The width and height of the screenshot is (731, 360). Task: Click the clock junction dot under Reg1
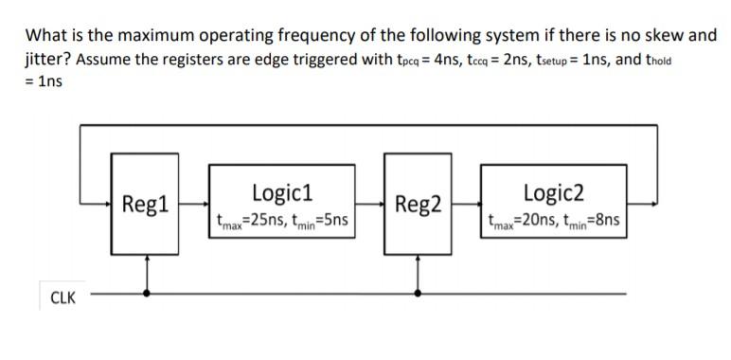coord(146,293)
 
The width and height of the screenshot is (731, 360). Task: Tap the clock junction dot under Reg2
coord(418,293)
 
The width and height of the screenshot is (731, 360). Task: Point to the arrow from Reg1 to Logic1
coord(193,202)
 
